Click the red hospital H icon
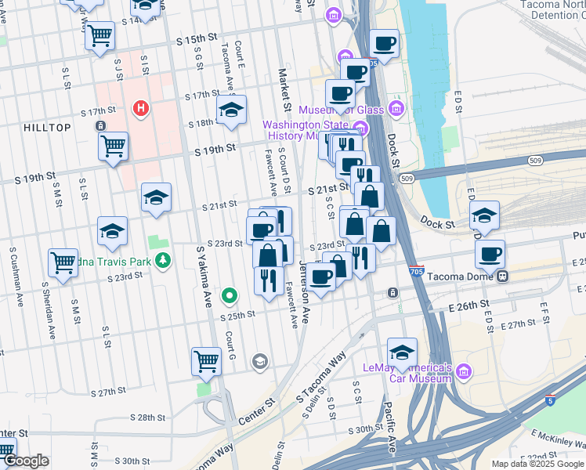pos(141,107)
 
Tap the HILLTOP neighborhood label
pos(47,128)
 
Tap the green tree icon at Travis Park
pos(163,260)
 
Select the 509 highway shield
pos(406,179)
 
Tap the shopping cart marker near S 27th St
pos(207,361)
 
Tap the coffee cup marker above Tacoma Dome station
pos(490,254)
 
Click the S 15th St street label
pos(195,38)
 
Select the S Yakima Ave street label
pos(204,276)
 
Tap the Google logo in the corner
pos(25,461)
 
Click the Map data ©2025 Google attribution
pos(537,464)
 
